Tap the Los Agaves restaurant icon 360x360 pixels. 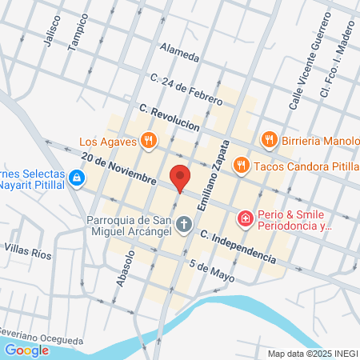(x=148, y=142)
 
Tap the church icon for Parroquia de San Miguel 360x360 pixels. (x=185, y=225)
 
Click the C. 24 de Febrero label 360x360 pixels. (x=186, y=90)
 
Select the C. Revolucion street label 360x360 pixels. (x=168, y=118)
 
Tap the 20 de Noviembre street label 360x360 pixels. (x=118, y=170)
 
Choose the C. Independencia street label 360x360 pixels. (x=238, y=248)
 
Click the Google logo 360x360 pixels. (x=26, y=350)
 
